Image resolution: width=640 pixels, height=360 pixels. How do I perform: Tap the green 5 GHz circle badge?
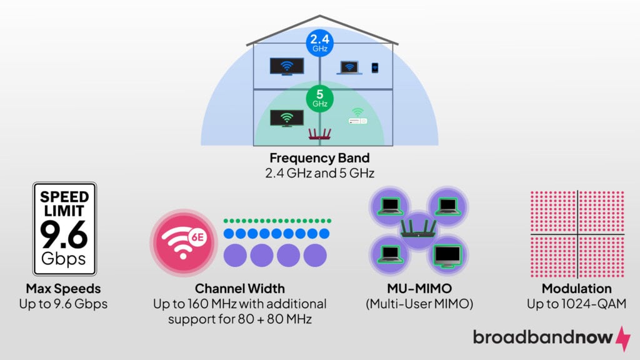coord(319,98)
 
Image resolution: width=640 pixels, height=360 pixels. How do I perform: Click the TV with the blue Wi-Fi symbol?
coord(287,66)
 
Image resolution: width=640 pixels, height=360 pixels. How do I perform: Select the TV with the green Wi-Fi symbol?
coord(287,117)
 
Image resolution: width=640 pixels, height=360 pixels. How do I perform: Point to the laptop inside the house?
coord(348,67)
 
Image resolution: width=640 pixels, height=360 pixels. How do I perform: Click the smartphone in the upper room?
coord(375,67)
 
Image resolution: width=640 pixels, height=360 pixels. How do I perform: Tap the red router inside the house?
coord(320,133)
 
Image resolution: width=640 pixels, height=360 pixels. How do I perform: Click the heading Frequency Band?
coord(320,157)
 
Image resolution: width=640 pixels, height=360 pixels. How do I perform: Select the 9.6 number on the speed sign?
coord(64,234)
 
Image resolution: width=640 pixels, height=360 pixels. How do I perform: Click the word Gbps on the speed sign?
coord(64,259)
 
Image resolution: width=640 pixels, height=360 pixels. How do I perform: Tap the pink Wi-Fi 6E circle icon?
coord(183,242)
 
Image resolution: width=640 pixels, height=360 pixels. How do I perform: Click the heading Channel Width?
coord(239,289)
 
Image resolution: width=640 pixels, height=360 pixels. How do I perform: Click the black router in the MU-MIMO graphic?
coord(418,229)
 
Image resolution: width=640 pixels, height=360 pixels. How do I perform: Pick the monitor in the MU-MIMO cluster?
coord(447,255)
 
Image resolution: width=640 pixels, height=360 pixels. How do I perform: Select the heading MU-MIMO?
coord(418,289)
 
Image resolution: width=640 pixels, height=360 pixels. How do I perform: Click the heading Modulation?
coord(576,289)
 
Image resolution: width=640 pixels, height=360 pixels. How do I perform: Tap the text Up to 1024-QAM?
coord(576,304)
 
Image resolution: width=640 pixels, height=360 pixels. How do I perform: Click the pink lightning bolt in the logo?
coord(623,337)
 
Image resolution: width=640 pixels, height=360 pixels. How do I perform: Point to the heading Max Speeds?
coord(64,289)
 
